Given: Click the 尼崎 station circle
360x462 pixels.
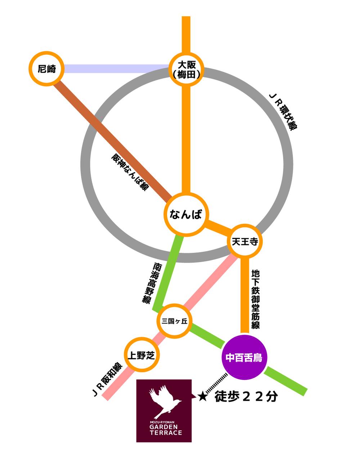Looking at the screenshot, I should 46,69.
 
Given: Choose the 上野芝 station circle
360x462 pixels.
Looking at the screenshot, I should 141,355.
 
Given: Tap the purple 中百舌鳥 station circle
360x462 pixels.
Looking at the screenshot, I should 243,358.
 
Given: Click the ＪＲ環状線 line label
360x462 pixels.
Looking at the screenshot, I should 285,112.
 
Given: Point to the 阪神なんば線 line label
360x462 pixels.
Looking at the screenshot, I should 130,172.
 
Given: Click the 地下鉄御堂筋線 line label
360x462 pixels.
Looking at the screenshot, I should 256,299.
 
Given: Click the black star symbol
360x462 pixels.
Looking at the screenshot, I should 202,396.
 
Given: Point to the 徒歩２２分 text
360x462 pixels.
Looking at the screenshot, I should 246,396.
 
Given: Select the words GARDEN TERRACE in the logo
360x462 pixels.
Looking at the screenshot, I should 165,430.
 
